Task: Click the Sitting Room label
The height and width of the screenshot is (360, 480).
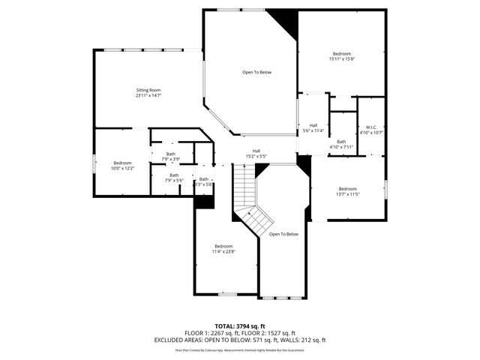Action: click(x=148, y=90)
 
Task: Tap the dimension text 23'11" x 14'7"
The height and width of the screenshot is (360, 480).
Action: click(x=148, y=96)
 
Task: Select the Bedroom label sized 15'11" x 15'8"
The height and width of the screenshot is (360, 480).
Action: click(x=341, y=53)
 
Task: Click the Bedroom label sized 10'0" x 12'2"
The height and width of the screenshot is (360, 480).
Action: click(x=122, y=163)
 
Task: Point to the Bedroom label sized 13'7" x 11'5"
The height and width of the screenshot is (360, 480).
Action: click(x=347, y=188)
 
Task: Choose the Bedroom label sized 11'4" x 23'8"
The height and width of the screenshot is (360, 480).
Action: click(x=223, y=246)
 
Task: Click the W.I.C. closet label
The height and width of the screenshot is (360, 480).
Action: click(x=371, y=127)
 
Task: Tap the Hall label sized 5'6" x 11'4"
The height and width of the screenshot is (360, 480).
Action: click(x=313, y=125)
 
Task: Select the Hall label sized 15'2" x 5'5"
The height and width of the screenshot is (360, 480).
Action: click(x=256, y=151)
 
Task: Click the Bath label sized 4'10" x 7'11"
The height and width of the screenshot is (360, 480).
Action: click(x=341, y=142)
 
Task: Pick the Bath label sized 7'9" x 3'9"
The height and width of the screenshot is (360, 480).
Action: click(x=171, y=154)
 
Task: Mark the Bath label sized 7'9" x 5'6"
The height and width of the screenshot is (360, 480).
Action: click(x=173, y=175)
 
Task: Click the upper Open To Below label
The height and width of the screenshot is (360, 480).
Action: click(x=256, y=72)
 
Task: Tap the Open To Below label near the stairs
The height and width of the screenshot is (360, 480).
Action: click(x=283, y=234)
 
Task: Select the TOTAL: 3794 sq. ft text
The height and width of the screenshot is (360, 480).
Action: click(x=239, y=326)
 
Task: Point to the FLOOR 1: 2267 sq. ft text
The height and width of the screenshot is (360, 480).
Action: click(x=211, y=333)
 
